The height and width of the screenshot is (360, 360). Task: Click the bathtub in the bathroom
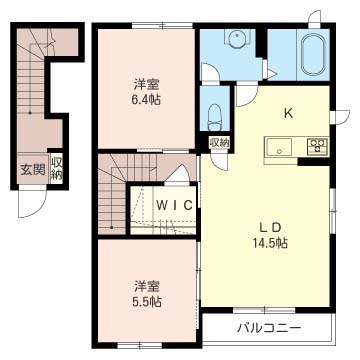(x=313, y=54)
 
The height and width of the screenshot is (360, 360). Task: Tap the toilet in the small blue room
(x=215, y=117)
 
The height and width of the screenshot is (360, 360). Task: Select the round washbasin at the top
(x=237, y=35)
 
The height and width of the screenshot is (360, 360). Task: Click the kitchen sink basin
(x=279, y=147)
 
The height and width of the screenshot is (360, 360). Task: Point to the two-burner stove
(x=318, y=145)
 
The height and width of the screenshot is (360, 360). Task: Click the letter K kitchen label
(x=288, y=114)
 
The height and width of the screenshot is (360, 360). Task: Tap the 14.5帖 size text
(x=270, y=244)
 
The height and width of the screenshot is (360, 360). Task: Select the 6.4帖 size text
(x=146, y=99)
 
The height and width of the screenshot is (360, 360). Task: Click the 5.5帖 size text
(x=146, y=302)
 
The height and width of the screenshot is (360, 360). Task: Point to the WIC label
(x=174, y=205)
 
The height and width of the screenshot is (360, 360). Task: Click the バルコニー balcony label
(x=269, y=329)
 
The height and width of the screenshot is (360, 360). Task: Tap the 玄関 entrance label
(x=33, y=170)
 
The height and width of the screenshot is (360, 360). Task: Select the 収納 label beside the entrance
(x=57, y=169)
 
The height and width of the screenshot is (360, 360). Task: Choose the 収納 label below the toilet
(x=219, y=143)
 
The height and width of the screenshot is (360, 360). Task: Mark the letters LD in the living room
(x=270, y=227)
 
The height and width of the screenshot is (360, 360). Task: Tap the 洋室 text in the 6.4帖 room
(x=146, y=85)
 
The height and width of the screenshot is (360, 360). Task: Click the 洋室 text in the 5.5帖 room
(x=146, y=287)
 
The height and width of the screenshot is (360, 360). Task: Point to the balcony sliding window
(x=264, y=311)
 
